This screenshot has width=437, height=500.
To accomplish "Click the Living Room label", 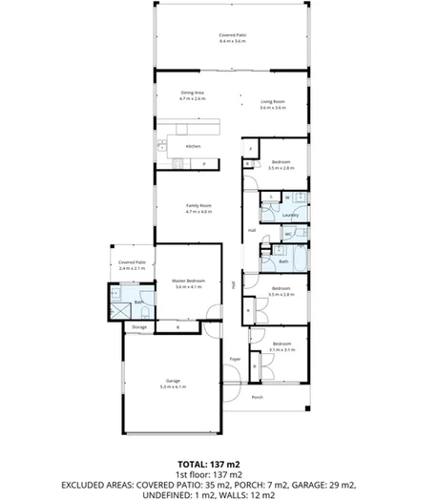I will [x=275, y=102].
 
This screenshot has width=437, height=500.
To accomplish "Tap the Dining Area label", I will [x=194, y=93].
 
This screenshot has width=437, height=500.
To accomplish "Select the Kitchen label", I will [x=193, y=146].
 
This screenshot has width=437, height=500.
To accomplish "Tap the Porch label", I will [x=257, y=397].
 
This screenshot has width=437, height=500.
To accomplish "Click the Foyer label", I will [x=235, y=359].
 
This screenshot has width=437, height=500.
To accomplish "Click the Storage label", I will [x=139, y=327].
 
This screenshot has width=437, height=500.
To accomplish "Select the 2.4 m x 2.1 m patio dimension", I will [x=133, y=268].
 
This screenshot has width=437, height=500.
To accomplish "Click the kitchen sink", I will [x=162, y=145].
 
